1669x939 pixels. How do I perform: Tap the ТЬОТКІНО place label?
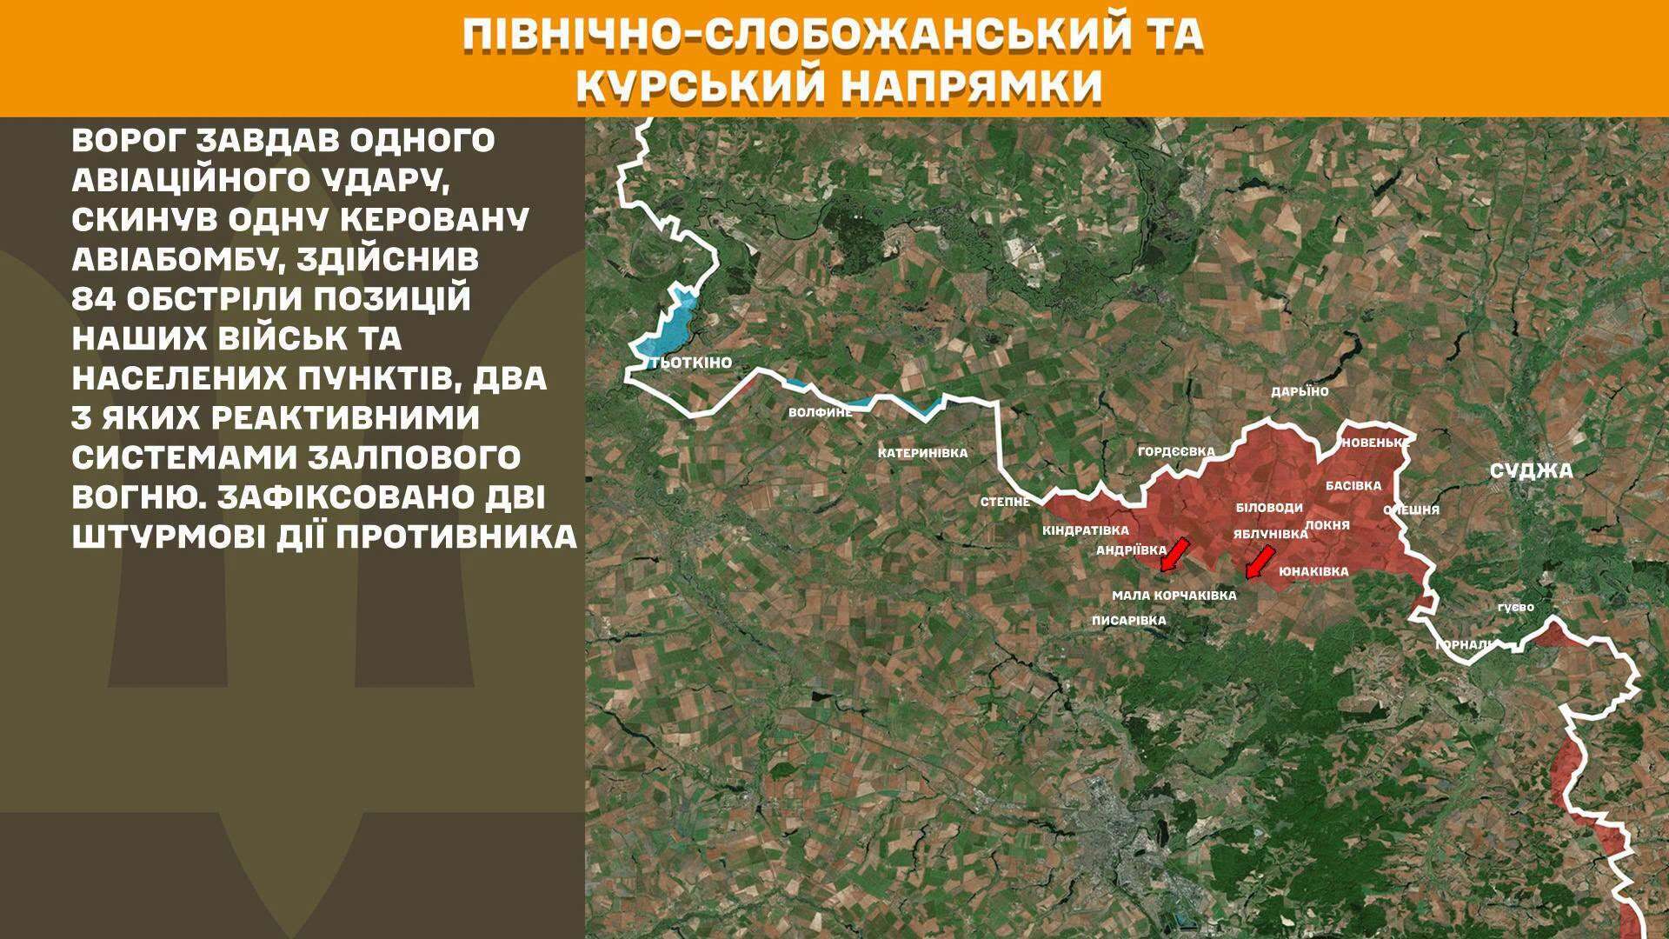pos(692,363)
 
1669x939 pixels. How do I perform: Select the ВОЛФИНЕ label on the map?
pos(820,412)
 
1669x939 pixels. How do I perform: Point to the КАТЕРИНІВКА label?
pos(922,453)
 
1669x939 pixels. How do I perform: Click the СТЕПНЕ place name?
pos(1006,502)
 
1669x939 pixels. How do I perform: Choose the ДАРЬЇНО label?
pos(1300,391)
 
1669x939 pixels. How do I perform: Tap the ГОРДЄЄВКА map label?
pos(1176,451)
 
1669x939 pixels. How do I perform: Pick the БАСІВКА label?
pos(1353,485)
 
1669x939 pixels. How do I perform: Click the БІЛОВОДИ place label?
pos(1269,507)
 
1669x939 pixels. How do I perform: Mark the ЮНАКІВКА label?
pos(1313,571)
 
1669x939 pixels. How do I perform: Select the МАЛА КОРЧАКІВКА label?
pos(1174,596)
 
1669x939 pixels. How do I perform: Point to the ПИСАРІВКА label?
pos(1128,621)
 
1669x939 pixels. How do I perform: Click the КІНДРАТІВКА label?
pos(1085,530)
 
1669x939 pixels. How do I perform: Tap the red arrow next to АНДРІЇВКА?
pos(1175,554)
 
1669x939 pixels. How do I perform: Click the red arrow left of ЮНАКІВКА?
pos(1259,562)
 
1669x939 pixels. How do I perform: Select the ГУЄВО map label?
pos(1515,607)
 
